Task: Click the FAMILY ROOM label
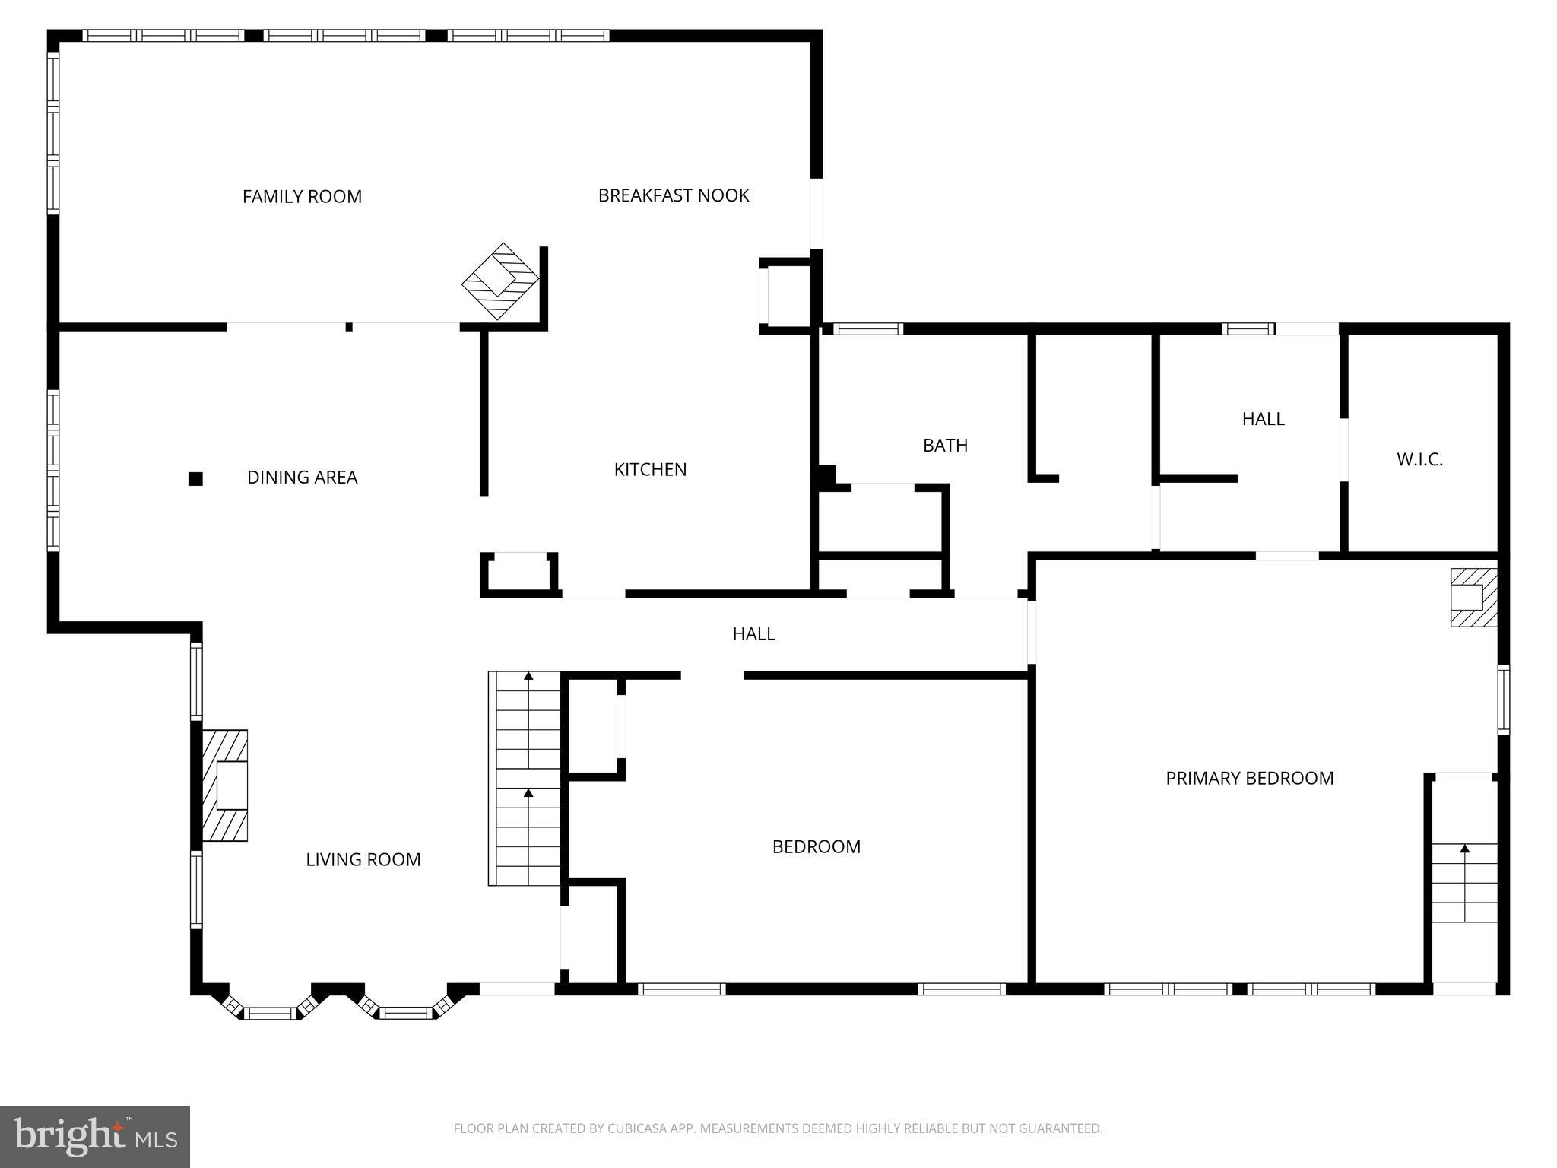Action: (x=302, y=197)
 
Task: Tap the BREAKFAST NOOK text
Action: (x=674, y=195)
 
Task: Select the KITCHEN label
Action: (x=650, y=470)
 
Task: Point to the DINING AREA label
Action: (x=302, y=478)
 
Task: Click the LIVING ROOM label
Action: (x=363, y=859)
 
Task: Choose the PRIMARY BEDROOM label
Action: (x=1249, y=778)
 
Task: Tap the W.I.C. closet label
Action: (x=1419, y=459)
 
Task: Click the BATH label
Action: (x=945, y=446)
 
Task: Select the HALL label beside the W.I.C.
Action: (x=1263, y=419)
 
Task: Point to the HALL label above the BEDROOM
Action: (x=753, y=634)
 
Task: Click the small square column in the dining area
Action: (x=195, y=479)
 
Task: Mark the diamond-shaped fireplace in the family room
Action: (x=500, y=281)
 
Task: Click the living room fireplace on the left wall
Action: (x=226, y=786)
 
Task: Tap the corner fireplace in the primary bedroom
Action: (x=1473, y=598)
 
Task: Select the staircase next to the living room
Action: (x=525, y=779)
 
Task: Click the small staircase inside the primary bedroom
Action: (x=1464, y=882)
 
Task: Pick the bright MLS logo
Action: (x=95, y=1136)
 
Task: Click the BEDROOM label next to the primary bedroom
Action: (x=816, y=847)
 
